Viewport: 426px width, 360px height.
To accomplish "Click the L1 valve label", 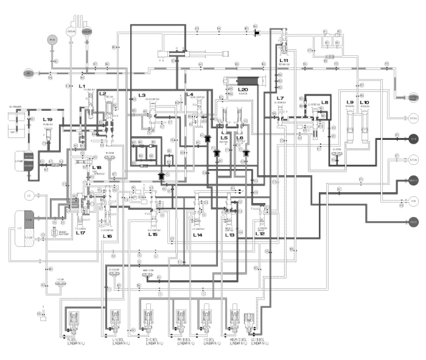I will [x=81, y=86].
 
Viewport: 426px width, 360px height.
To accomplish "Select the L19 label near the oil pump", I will [x=48, y=120].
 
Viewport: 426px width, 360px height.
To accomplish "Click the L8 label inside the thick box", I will [x=324, y=102].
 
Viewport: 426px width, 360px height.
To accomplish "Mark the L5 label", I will [x=224, y=138].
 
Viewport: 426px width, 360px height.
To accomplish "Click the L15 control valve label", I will [x=153, y=234].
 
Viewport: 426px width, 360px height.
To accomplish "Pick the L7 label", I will [x=280, y=98].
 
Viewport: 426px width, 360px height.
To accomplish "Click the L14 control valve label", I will [x=197, y=234].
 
